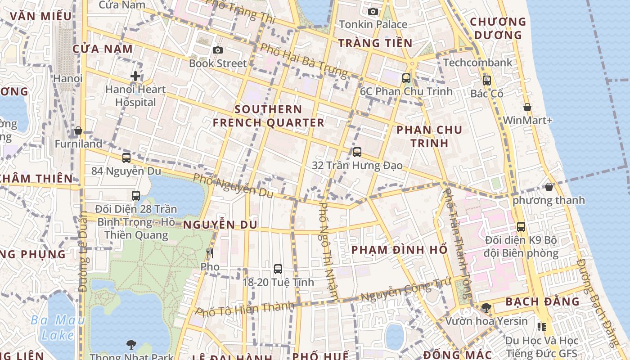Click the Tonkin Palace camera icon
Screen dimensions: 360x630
click(373, 12)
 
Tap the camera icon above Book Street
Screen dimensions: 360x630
click(218, 50)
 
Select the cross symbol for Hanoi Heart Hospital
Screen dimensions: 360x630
click(135, 76)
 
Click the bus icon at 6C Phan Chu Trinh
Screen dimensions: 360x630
click(406, 78)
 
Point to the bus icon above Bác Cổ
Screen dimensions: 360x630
click(486, 81)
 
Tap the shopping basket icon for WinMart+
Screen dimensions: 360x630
click(527, 107)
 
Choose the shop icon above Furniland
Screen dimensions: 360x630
click(78, 130)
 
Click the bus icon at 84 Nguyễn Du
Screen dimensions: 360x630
click(126, 158)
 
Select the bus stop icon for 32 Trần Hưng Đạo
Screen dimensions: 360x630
click(357, 152)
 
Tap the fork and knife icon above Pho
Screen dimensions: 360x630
click(209, 253)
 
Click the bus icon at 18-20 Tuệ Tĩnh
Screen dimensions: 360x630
click(278, 269)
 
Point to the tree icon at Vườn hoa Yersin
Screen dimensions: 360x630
click(486, 308)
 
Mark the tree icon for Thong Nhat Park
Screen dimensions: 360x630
click(131, 345)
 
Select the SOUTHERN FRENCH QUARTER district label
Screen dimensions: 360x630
click(268, 116)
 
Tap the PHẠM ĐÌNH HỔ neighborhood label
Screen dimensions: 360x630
click(399, 250)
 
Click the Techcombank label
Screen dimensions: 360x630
click(477, 63)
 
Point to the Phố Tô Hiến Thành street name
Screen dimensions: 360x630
click(245, 309)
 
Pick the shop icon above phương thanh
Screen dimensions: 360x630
click(549, 187)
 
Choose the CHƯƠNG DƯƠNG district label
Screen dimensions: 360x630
click(498, 28)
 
